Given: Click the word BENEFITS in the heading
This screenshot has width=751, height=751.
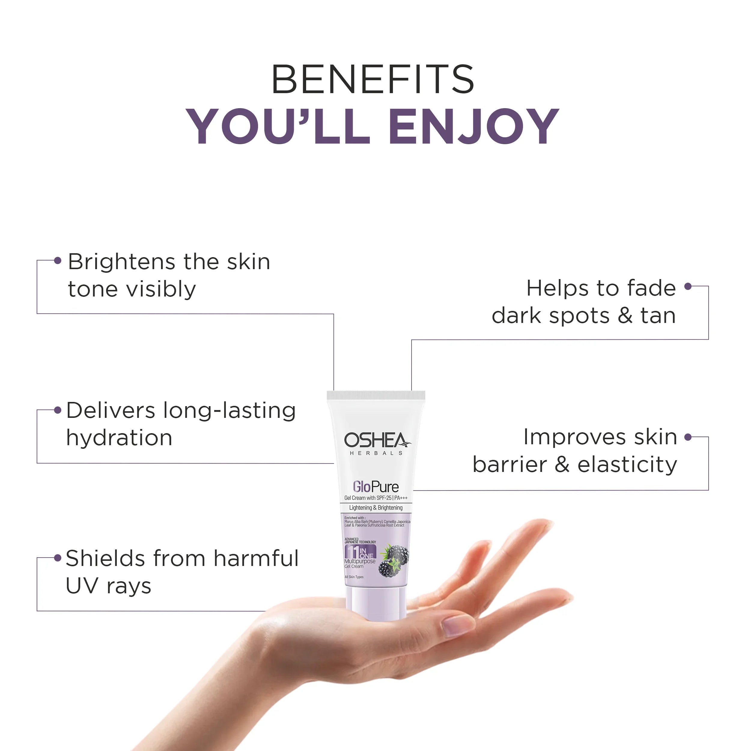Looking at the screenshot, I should (x=372, y=79).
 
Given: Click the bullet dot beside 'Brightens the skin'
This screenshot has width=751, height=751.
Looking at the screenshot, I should (x=58, y=260).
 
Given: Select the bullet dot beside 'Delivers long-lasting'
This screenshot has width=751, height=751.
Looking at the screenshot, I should (x=58, y=410).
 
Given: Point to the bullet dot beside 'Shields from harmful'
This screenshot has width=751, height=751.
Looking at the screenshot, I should (x=58, y=558).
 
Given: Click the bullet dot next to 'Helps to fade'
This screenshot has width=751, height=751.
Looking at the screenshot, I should (x=688, y=287).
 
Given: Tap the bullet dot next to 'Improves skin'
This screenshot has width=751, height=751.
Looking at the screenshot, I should (x=688, y=437).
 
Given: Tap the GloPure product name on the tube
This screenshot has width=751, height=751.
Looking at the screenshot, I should (x=375, y=487).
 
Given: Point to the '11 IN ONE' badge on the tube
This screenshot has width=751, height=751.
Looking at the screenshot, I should (x=360, y=552).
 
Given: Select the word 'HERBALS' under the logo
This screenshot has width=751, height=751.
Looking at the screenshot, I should (x=376, y=453).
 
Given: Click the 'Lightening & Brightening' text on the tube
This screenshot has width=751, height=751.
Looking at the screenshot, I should (x=375, y=508).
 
